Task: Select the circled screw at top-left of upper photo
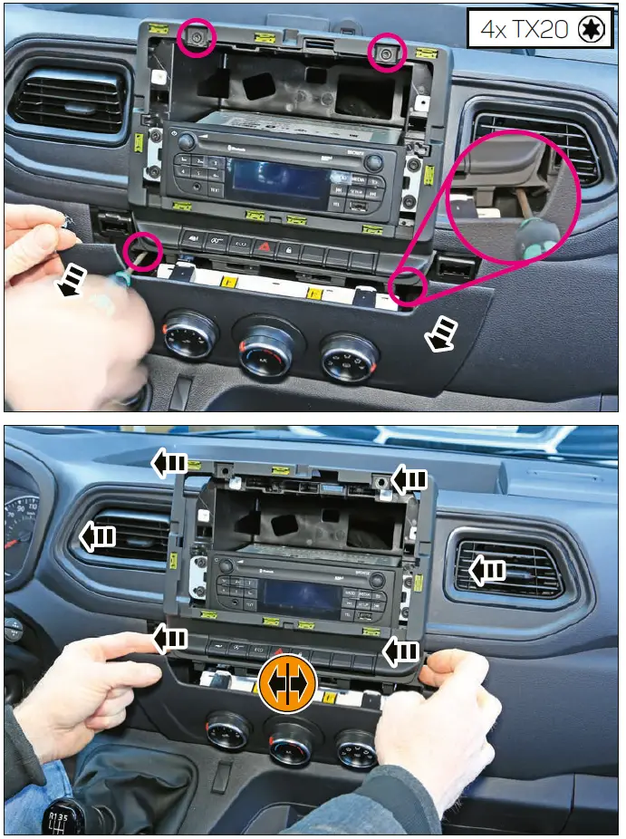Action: point(196,39)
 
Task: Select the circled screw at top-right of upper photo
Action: point(387,56)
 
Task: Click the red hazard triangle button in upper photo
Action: point(264,245)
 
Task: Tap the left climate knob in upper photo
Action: point(190,336)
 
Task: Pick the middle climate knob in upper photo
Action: point(265,348)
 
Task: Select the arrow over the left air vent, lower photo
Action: point(97,536)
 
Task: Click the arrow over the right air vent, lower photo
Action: point(487,570)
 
